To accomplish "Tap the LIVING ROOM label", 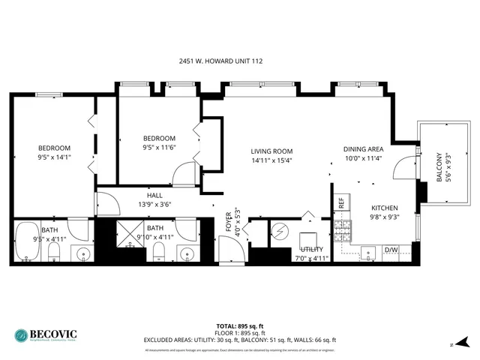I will [271, 151].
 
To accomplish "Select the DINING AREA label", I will [364, 148].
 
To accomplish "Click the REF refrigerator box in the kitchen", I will [340, 202].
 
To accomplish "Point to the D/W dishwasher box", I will [391, 250].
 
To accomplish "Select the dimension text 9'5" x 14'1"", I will [54, 158].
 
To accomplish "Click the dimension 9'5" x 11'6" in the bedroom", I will [159, 148].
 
